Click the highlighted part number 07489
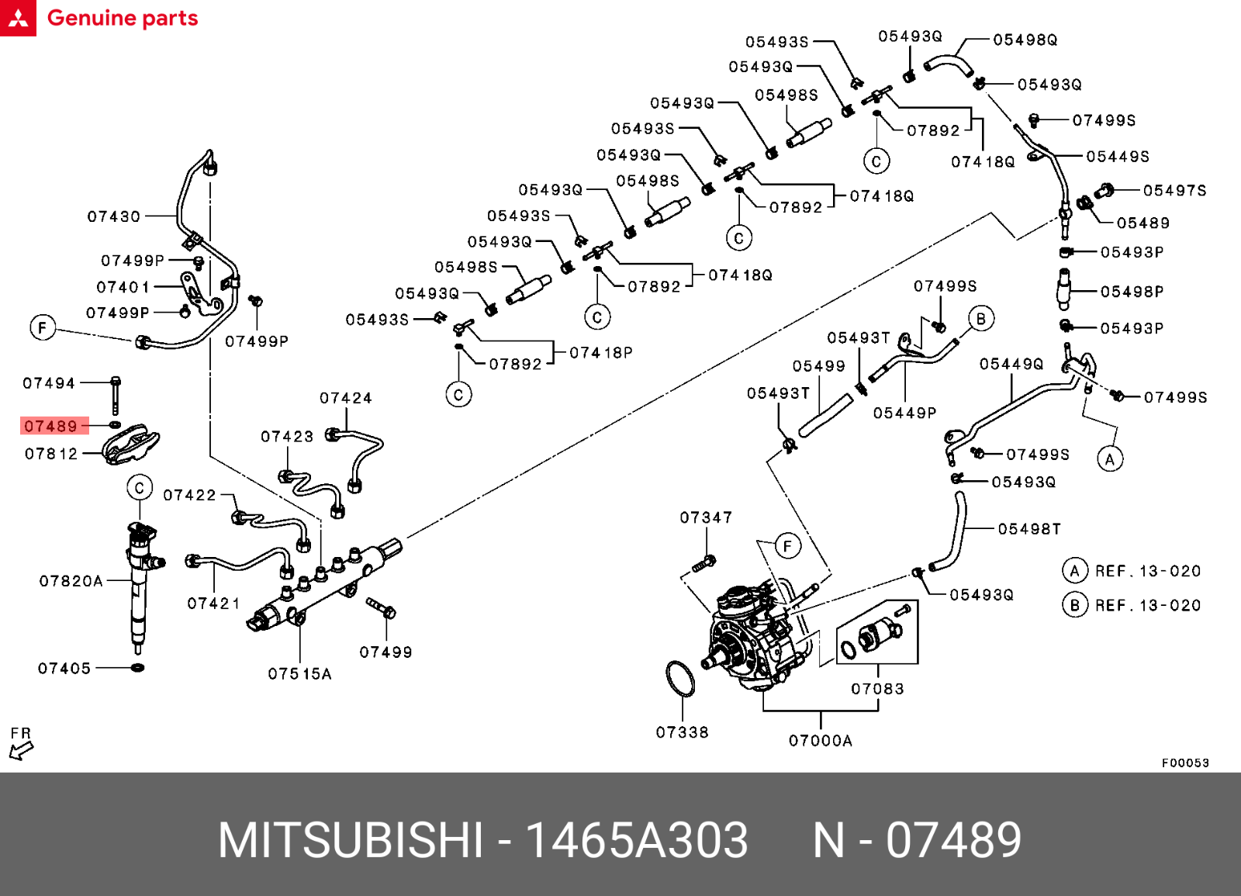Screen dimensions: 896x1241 pos(51,426)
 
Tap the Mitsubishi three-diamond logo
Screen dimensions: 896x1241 pos(18,18)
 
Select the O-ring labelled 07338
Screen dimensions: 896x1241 pos(680,678)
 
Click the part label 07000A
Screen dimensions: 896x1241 pos(820,741)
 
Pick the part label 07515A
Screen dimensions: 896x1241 pos(299,674)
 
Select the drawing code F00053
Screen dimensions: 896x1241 pos(1184,763)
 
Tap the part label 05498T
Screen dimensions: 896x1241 pos(1028,529)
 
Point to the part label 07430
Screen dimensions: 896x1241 pos(113,216)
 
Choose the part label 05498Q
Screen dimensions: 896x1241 pos(1025,40)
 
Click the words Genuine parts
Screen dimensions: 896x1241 pos(123,18)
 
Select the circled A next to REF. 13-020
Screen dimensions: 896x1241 pos(1074,571)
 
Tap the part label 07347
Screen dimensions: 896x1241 pos(705,517)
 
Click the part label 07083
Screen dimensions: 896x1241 pos(877,689)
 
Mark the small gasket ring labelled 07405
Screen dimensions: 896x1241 pos(138,667)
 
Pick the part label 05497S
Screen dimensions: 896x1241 pos(1174,191)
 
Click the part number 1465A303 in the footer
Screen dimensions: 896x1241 pos(636,840)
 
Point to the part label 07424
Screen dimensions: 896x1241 pos(345,398)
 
